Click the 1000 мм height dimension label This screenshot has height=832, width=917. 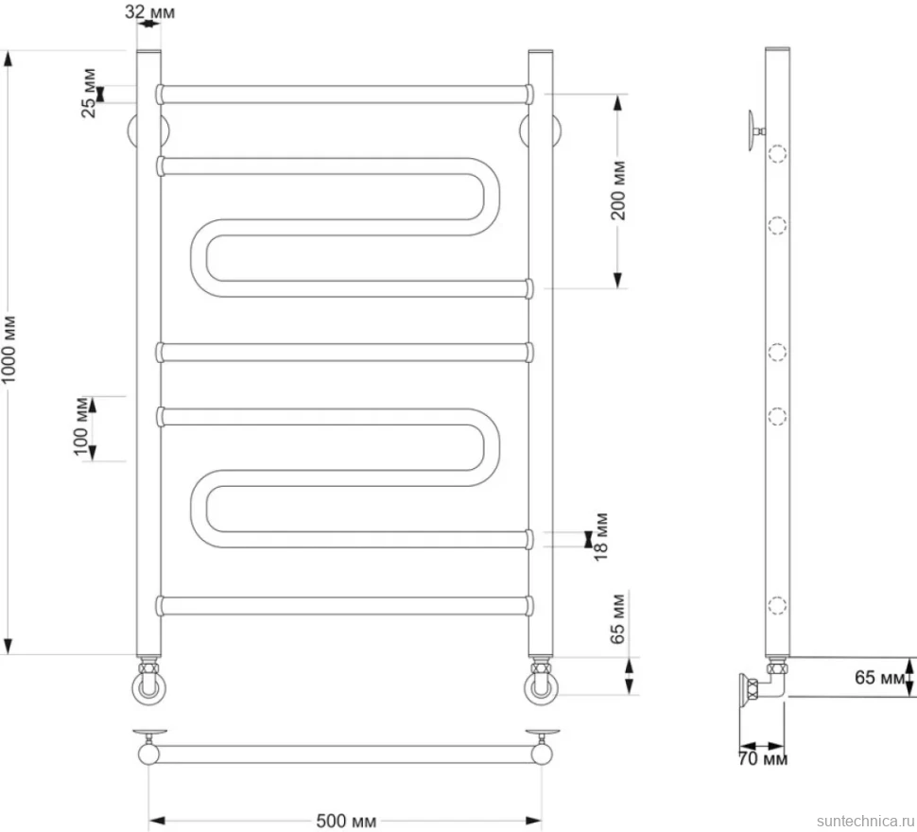click(x=10, y=350)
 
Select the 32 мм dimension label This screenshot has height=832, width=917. click(x=149, y=11)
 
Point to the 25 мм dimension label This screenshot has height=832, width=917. click(x=89, y=93)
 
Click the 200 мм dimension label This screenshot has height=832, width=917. click(x=618, y=191)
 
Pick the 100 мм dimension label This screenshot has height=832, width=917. click(x=80, y=426)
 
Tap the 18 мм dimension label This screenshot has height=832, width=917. click(x=601, y=537)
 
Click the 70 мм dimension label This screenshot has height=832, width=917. click(x=763, y=759)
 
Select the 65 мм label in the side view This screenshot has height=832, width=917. click(x=881, y=677)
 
